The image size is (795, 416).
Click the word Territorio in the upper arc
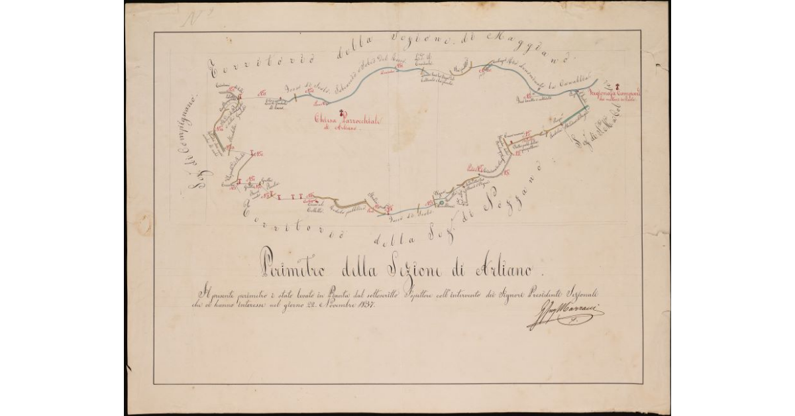click(248, 66)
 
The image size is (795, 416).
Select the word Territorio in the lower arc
click(291, 225)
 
